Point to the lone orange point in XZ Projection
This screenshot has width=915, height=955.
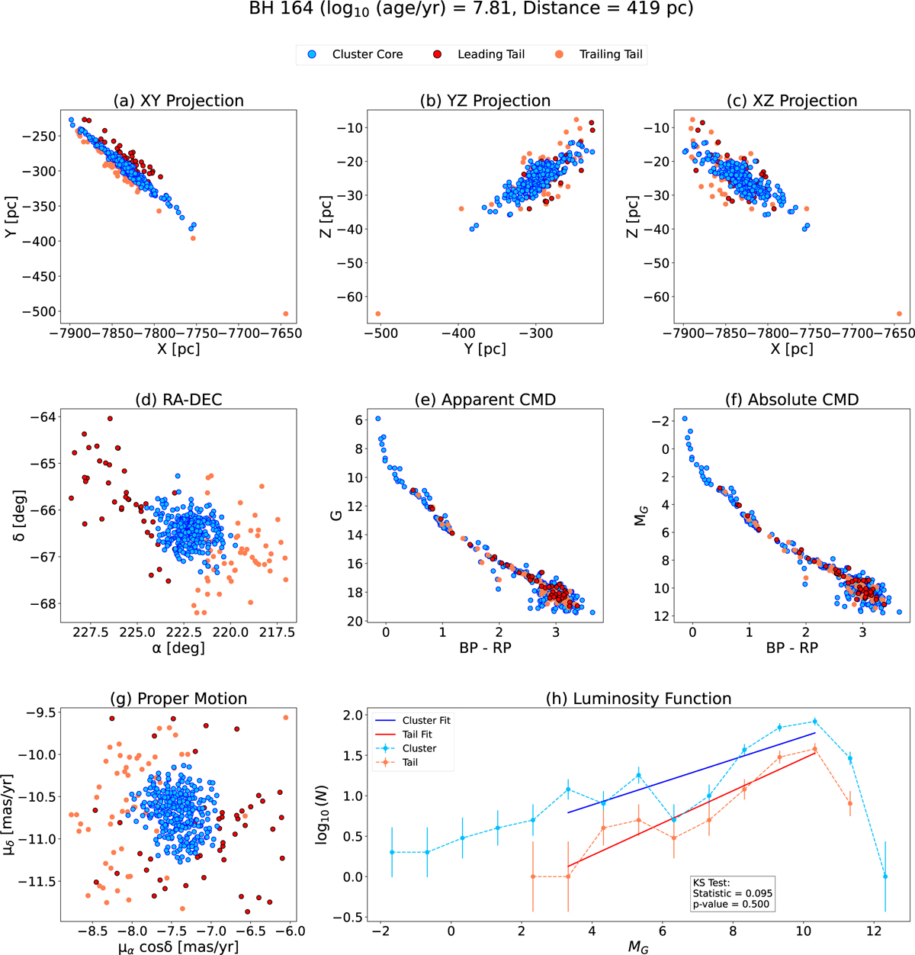pos(899,314)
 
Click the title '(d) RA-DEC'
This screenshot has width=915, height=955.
pos(178,399)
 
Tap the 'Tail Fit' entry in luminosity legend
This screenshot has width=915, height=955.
pos(417,734)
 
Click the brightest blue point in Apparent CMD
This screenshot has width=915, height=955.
pos(378,419)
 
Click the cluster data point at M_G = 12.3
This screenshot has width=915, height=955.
pos(885,876)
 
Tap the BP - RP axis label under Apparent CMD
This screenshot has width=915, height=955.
pos(485,647)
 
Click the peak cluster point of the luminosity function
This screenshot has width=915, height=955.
pos(815,722)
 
